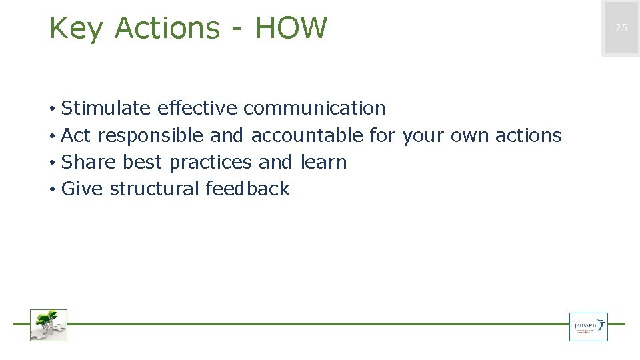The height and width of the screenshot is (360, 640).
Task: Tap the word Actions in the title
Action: [167, 28]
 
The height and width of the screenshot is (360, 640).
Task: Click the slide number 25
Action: [621, 28]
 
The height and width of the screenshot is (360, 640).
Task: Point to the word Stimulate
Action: [106, 108]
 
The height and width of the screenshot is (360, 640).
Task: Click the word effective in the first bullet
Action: [197, 108]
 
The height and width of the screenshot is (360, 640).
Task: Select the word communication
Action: [314, 108]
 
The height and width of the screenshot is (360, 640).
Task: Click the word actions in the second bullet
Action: [528, 135]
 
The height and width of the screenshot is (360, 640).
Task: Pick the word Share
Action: [89, 162]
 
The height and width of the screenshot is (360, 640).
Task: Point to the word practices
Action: [210, 163]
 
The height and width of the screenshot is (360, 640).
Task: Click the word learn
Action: [323, 162]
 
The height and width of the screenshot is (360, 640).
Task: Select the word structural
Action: [154, 189]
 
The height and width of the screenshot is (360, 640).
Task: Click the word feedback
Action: [247, 189]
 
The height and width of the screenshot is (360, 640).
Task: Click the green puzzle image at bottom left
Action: [49, 325]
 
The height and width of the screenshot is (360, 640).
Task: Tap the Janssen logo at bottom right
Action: [588, 327]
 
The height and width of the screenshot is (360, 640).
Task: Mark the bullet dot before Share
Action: [51, 163]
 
